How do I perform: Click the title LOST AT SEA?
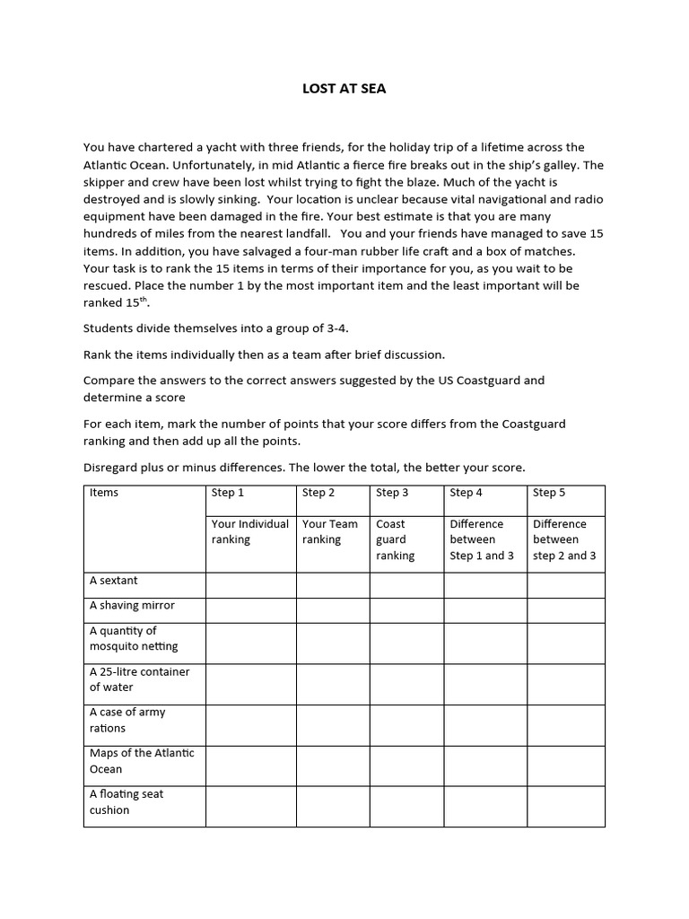[344, 89]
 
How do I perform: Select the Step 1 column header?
[227, 492]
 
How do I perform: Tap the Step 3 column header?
[392, 492]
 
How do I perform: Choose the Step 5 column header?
[549, 492]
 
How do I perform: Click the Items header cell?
[104, 492]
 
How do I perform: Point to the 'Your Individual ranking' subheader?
[249, 531]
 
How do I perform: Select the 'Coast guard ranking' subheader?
[395, 539]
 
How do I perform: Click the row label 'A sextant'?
[114, 581]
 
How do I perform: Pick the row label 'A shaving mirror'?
[132, 605]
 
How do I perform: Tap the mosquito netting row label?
[134, 638]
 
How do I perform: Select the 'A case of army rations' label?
[127, 720]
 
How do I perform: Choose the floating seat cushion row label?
[126, 801]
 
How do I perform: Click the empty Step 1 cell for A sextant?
[250, 585]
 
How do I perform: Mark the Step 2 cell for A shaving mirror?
[332, 610]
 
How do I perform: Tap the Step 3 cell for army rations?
[406, 725]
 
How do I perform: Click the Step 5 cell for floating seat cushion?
[565, 806]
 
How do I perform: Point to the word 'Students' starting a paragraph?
[109, 328]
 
